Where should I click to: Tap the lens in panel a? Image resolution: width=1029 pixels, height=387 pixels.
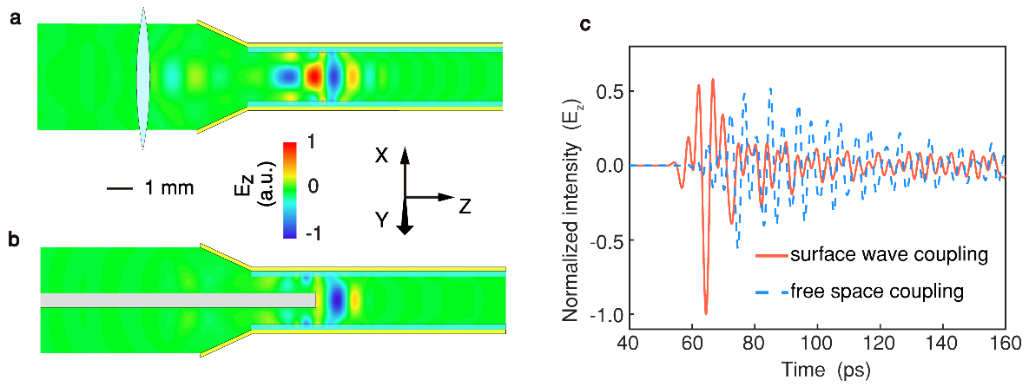coord(143,78)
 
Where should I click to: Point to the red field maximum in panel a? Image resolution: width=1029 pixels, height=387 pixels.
coord(313,77)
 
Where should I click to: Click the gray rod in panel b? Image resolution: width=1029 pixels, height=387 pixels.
coord(178,299)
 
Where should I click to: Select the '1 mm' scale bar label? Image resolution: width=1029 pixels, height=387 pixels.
coord(169,189)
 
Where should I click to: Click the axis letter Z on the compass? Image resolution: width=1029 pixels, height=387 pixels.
coord(465,207)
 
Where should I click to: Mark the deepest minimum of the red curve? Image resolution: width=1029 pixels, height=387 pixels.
coord(705,313)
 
